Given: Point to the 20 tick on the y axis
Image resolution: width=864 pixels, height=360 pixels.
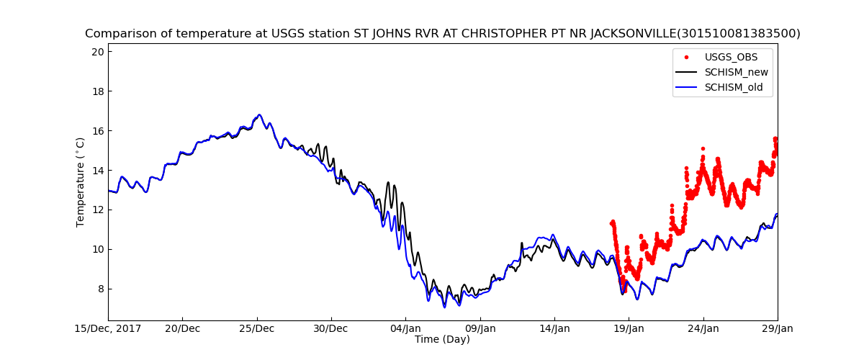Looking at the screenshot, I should [x=97, y=52].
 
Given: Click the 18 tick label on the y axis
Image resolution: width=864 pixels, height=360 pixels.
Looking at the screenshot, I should [x=97, y=91].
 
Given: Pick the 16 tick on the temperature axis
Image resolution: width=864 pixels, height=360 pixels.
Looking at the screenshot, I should [x=97, y=131].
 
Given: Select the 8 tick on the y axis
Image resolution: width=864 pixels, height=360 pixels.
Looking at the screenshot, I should [x=100, y=289].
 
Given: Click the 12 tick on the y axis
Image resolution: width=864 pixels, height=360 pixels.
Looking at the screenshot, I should [x=97, y=210].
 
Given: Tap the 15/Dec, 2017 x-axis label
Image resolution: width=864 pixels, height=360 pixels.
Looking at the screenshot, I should [x=108, y=329].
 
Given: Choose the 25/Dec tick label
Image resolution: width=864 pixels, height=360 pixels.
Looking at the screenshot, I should [x=256, y=329].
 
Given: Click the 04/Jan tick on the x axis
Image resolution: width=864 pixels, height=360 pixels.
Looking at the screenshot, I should [x=405, y=329].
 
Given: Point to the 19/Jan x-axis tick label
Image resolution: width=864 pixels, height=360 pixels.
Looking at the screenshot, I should [x=629, y=329].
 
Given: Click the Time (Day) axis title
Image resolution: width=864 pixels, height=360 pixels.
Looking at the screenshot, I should [x=442, y=340].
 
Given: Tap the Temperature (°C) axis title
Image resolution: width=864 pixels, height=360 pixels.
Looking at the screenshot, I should [x=81, y=182].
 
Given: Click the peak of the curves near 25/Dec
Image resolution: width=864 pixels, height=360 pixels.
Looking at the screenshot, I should [x=259, y=114].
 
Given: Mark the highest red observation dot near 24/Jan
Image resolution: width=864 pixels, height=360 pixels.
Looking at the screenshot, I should [x=703, y=149].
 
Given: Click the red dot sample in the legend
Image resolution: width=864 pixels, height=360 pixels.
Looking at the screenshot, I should [x=686, y=56].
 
